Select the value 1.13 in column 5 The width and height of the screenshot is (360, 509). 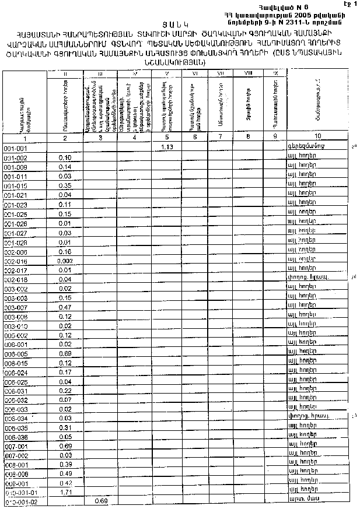(x=167, y=148)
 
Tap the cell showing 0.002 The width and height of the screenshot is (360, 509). (x=65, y=261)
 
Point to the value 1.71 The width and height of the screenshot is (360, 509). (x=65, y=493)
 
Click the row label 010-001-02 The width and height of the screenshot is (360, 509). (x=20, y=502)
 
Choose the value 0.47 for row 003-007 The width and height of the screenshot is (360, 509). (x=65, y=307)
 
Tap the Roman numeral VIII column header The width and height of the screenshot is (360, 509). (x=249, y=73)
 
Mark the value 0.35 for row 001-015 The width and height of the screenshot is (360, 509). (x=65, y=185)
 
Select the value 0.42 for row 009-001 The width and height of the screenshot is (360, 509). (x=65, y=483)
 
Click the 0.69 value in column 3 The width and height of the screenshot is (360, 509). (x=100, y=501)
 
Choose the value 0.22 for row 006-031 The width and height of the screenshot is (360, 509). (x=65, y=391)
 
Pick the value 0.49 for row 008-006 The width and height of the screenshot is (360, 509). (x=65, y=474)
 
